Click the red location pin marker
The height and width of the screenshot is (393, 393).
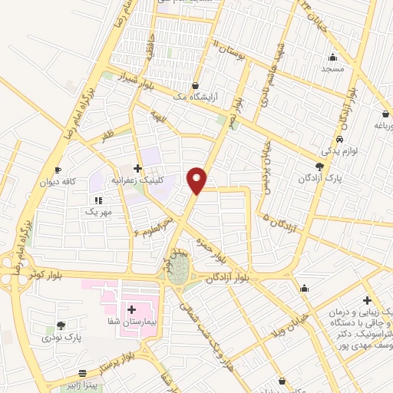tap(198, 180)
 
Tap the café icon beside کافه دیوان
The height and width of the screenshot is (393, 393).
tap(58, 170)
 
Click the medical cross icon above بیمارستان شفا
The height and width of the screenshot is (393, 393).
tap(132, 309)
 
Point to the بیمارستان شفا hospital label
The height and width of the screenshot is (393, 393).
tap(131, 322)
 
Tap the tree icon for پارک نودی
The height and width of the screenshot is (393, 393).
tap(61, 325)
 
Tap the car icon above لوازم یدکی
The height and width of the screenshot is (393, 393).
tap(339, 140)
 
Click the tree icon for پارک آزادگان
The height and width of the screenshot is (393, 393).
tap(320, 165)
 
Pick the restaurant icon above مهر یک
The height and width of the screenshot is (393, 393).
tap(98, 198)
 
